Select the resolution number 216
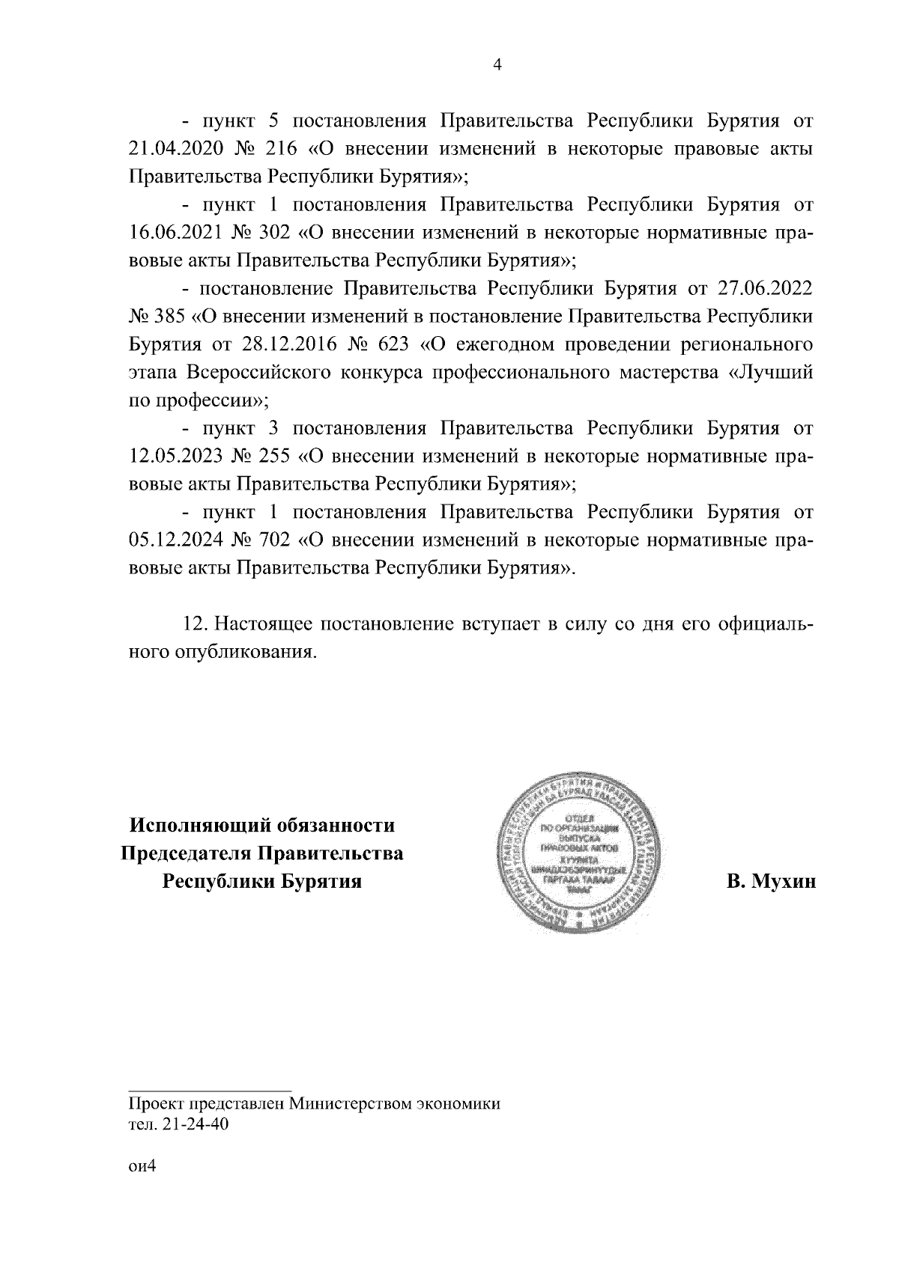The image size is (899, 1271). tap(282, 148)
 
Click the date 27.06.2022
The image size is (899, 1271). tap(766, 288)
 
